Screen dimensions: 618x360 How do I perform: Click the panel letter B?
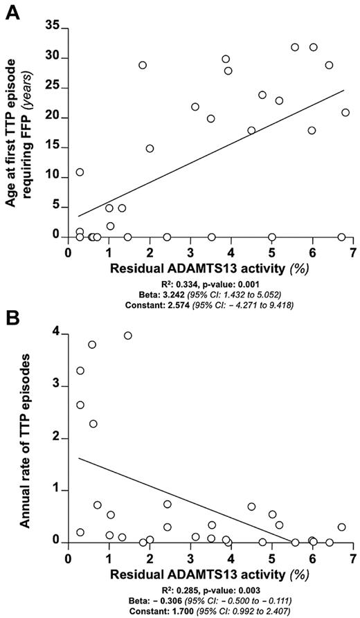(12, 318)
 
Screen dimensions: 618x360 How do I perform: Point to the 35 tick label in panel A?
(50, 28)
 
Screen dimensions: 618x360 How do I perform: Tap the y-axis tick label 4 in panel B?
(55, 335)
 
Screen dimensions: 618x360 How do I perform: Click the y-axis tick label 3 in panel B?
(55, 387)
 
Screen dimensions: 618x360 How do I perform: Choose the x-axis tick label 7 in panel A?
(353, 253)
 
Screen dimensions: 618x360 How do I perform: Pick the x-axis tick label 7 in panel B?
(353, 558)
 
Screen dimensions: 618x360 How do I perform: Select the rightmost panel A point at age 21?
(345, 112)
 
